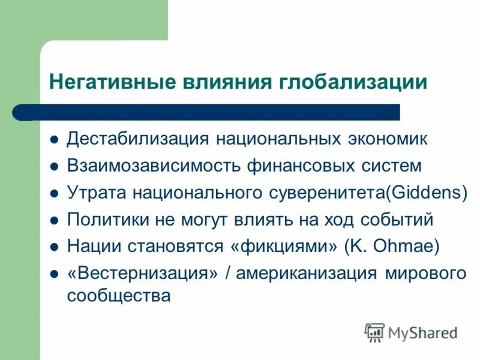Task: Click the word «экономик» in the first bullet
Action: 388,139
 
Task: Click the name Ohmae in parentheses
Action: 404,247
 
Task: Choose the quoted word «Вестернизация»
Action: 142,274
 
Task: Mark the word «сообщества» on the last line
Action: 119,296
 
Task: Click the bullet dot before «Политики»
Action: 53,220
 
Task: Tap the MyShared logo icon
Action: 374,332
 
